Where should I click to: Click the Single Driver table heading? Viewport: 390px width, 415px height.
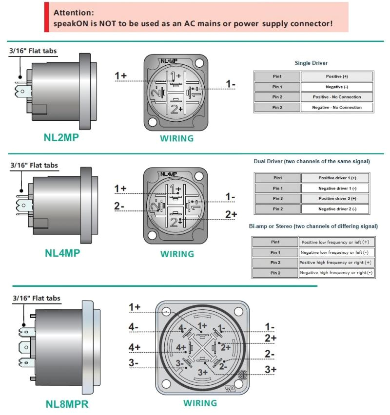[x=311, y=63]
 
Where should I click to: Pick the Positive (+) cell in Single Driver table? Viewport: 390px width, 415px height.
[x=336, y=76]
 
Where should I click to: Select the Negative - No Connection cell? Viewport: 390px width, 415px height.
[x=336, y=107]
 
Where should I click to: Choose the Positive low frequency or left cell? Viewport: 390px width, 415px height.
[x=335, y=242]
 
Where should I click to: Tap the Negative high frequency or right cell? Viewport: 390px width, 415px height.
[x=335, y=273]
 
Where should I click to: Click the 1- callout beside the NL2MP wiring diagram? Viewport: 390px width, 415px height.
[x=231, y=84]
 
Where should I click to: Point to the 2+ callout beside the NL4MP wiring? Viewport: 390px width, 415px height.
[x=231, y=214]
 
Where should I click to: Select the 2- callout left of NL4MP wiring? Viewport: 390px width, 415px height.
[x=119, y=206]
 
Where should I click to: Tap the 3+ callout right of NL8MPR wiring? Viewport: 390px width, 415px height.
[x=270, y=369]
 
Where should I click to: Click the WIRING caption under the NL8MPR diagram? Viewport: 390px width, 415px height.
[x=200, y=403]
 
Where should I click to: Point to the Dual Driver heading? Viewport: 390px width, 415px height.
[x=312, y=161]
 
